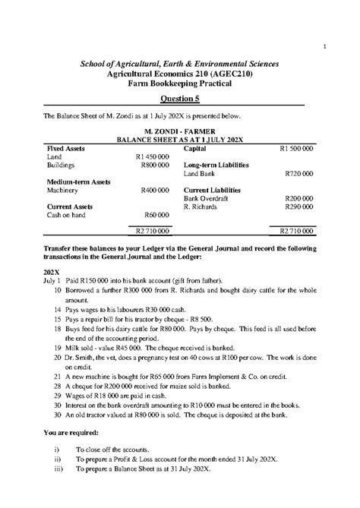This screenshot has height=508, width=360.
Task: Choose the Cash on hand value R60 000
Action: (156, 215)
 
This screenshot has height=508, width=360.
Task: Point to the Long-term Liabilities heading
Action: (216, 164)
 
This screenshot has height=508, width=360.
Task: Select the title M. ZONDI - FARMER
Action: (179, 131)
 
